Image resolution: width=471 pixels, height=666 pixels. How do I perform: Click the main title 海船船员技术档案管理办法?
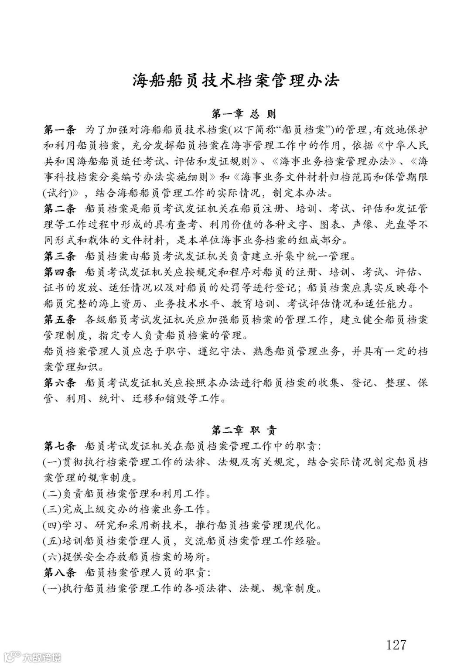coord(236,81)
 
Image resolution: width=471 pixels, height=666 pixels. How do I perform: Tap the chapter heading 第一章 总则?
coord(244,115)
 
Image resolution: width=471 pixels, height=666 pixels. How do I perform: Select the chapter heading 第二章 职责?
coord(244,431)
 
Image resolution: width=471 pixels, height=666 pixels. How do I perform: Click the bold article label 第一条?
coord(60,130)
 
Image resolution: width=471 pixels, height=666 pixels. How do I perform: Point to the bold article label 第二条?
coord(60,208)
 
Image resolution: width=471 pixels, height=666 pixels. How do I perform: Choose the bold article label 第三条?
coord(60,256)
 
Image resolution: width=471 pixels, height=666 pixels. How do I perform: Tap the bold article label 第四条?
coord(60,272)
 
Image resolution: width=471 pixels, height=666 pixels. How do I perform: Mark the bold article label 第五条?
coord(60,320)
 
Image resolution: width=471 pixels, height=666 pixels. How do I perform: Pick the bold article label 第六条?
coord(60,383)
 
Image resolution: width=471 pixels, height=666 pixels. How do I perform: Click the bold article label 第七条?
coord(60,446)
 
